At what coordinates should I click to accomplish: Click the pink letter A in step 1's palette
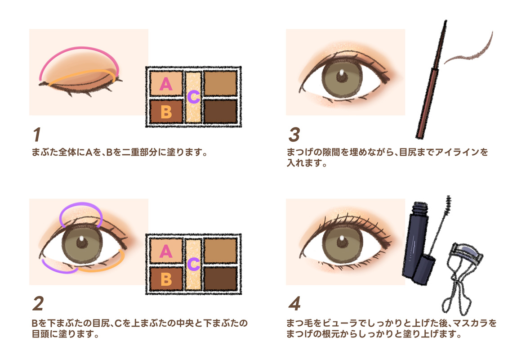[x=166, y=84]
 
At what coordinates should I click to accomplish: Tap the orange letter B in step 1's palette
[x=166, y=112]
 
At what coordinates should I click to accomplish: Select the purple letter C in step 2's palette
[x=193, y=264]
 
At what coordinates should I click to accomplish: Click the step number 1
[x=37, y=135]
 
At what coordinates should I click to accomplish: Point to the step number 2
[x=38, y=304]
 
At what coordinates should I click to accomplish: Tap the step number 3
[x=294, y=135]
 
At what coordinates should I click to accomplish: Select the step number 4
[x=294, y=304]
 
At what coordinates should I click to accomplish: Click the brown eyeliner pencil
[x=431, y=80]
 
